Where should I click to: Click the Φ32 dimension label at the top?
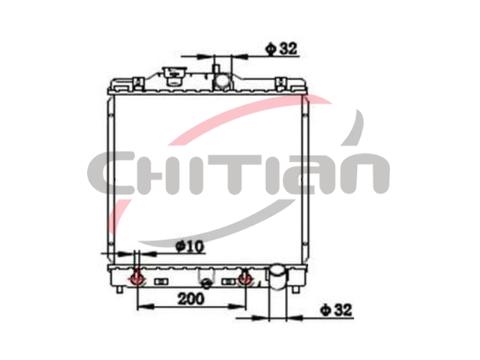[281, 48]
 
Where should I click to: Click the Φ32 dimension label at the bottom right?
[336, 310]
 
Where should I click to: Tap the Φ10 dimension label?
[190, 246]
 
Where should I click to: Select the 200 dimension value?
[190, 298]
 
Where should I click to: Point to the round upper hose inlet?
[222, 81]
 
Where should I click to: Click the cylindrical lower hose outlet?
[278, 277]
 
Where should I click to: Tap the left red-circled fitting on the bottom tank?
[136, 278]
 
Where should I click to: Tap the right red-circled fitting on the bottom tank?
[245, 278]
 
